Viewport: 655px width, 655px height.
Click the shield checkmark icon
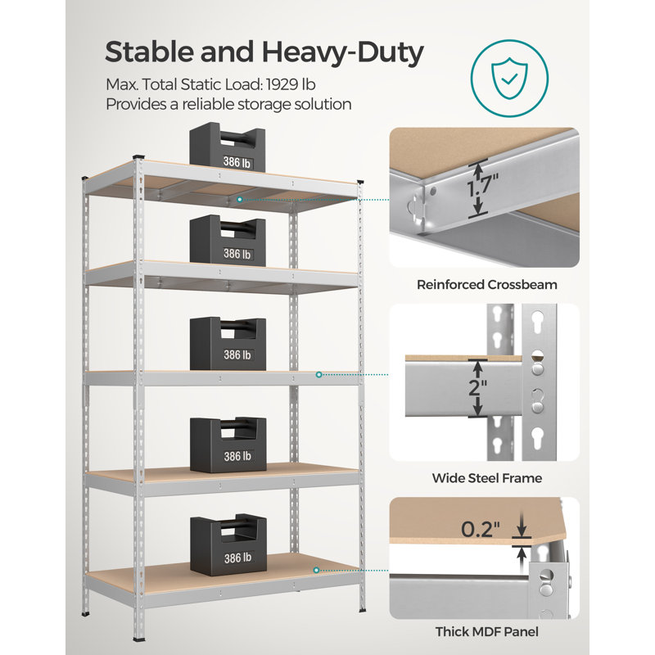509,79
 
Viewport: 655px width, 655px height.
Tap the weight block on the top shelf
228,147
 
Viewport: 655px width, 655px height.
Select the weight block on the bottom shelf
228,544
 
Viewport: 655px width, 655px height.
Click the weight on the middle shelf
228,343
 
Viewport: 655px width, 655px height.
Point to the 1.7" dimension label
483,186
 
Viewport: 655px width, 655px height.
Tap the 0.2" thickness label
481,529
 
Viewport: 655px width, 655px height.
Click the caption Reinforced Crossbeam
487,284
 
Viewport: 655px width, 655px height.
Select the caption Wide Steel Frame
487,478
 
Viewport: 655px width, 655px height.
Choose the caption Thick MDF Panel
487,631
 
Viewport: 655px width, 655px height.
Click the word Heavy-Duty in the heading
342,52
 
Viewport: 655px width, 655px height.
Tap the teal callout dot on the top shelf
240,200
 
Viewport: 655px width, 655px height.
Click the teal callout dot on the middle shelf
318,375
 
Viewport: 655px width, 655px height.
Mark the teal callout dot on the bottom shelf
316,570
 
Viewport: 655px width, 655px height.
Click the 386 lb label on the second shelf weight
237,254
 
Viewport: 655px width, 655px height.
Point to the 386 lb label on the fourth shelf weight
237,456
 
